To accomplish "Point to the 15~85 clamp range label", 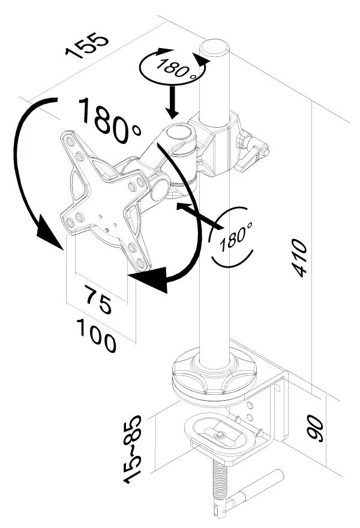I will (133, 446).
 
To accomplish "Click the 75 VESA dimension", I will (98, 300).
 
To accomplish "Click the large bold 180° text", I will (109, 120).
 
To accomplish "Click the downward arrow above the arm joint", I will (173, 102).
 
